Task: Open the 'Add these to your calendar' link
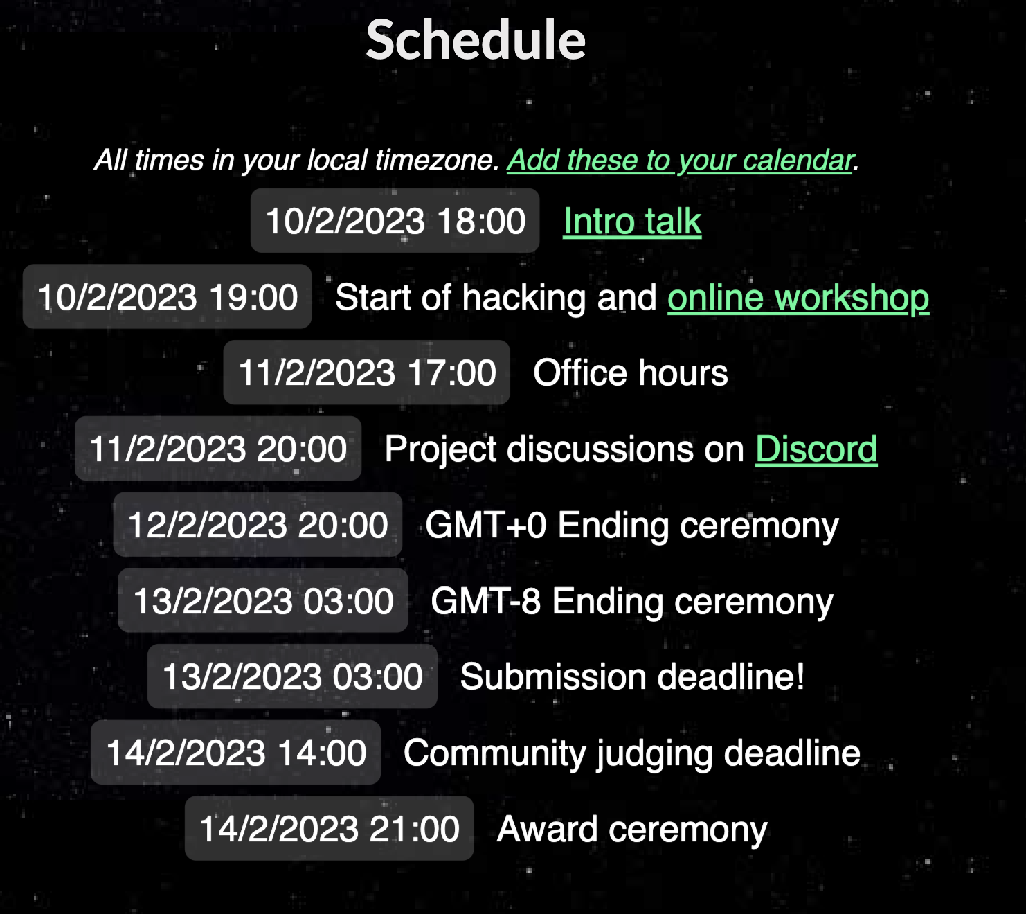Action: click(680, 161)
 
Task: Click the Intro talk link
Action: click(632, 222)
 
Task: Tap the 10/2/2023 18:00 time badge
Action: click(395, 220)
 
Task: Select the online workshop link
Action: click(798, 298)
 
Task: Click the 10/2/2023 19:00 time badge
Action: click(167, 296)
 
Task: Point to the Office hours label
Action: click(631, 373)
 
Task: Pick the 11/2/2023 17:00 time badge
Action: click(367, 373)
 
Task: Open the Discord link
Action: click(816, 449)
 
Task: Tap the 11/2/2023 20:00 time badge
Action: click(218, 449)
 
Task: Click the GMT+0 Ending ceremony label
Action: click(632, 526)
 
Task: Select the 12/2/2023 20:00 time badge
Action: click(258, 524)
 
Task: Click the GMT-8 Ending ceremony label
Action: click(632, 602)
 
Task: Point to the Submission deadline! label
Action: click(633, 677)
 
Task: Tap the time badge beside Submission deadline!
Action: click(292, 676)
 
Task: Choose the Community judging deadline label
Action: click(632, 753)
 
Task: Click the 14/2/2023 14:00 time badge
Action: click(235, 753)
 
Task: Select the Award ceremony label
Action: click(632, 830)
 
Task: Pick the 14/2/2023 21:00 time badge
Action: click(329, 828)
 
